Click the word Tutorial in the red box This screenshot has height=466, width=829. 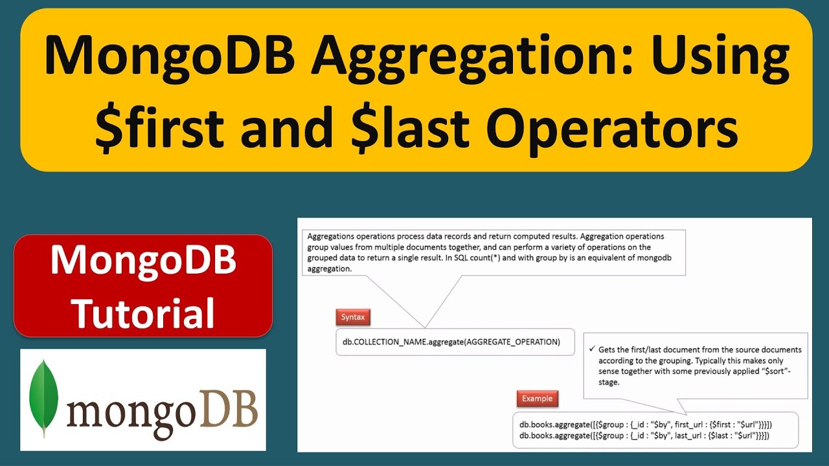coord(143,313)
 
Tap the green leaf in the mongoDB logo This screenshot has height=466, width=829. coord(44,397)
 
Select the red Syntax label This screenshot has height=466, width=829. coord(353,317)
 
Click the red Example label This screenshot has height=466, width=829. coord(537,398)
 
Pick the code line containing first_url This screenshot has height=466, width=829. coord(645,425)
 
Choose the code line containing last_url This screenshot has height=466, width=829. coord(644,436)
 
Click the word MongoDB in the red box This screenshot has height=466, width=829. coord(143,261)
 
